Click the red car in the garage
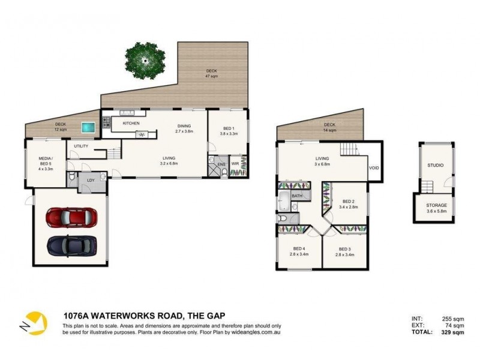(x=71, y=217)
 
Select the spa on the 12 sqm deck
(x=89, y=127)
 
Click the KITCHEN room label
(x=131, y=123)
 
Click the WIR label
(x=236, y=163)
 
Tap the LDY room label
(x=91, y=180)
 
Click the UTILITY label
(x=81, y=146)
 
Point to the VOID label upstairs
(x=373, y=168)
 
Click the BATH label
(x=297, y=196)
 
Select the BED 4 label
(x=298, y=251)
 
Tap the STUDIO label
(x=436, y=164)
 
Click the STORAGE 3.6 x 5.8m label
(x=436, y=208)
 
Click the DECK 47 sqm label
(x=211, y=73)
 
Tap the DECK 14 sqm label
(x=329, y=128)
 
